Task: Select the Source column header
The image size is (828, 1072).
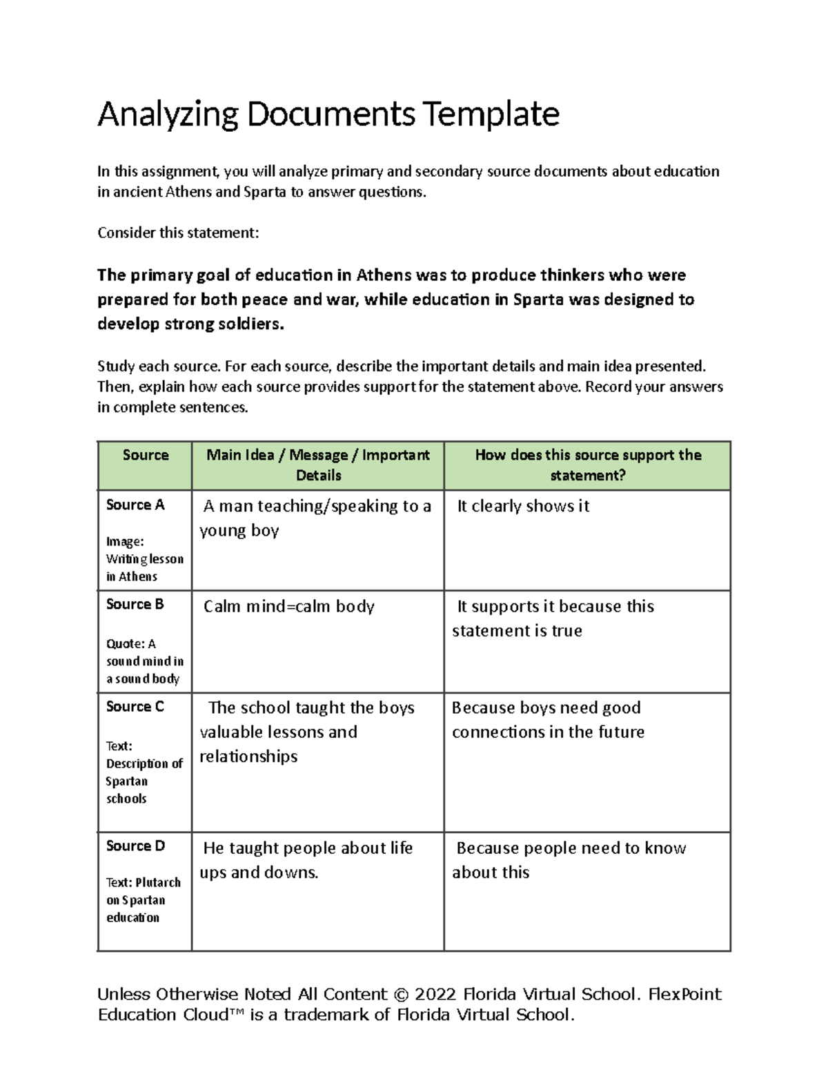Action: tap(146, 455)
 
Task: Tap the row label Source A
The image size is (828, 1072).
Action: tap(135, 505)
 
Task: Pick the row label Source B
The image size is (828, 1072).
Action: tap(135, 604)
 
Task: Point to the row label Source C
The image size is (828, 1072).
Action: tap(135, 706)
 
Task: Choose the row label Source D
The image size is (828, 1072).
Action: tap(135, 846)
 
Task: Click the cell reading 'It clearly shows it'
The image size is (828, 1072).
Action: tap(523, 506)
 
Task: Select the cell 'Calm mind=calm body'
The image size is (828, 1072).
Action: tap(288, 606)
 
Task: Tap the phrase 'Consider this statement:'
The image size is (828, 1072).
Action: tap(178, 233)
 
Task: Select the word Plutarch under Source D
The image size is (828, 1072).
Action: tap(158, 882)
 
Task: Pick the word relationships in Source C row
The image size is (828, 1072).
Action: tap(248, 757)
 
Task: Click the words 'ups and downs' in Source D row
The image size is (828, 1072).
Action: tap(259, 873)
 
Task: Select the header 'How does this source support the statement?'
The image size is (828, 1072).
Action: tap(588, 465)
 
